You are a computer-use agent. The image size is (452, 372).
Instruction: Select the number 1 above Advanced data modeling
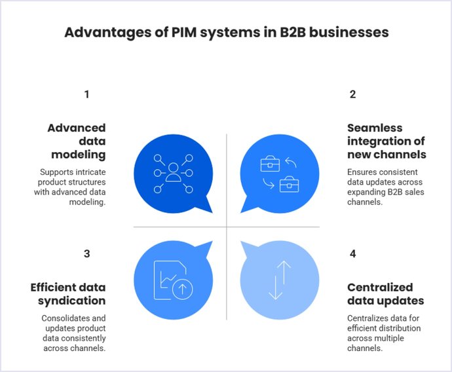click(86, 94)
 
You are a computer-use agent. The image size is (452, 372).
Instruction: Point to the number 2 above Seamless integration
click(352, 94)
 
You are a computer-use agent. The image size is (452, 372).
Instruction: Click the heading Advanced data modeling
click(76, 141)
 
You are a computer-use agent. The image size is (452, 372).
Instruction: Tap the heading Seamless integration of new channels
click(386, 141)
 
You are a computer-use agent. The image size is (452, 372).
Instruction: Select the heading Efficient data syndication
click(67, 294)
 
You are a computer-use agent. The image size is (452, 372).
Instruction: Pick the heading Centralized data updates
click(385, 294)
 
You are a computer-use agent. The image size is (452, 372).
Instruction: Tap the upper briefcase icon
click(270, 163)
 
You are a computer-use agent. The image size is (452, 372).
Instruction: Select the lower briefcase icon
click(289, 185)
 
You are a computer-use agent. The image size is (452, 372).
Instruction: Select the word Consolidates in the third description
click(59, 318)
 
